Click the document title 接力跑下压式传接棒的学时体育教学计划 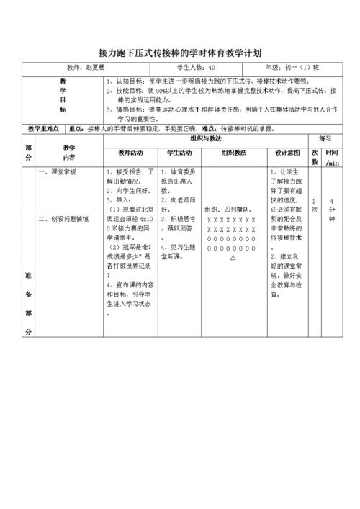point(179,53)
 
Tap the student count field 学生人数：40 point(191,68)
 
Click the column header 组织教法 point(233,153)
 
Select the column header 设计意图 point(287,153)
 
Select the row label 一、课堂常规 point(58,173)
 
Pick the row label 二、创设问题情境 point(64,218)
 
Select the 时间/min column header point(332,158)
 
